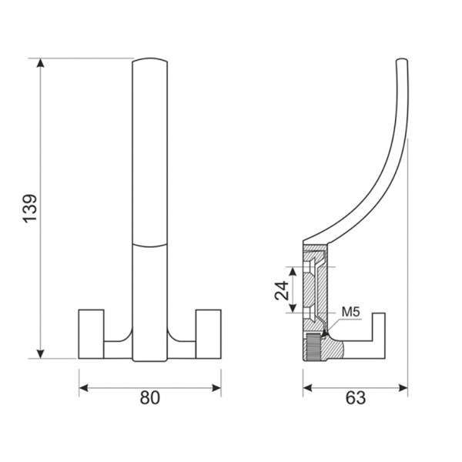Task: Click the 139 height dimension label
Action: click(30, 209)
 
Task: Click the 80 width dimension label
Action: click(149, 397)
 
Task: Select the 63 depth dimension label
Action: click(356, 397)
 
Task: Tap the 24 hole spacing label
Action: click(282, 290)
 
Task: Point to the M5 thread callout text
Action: click(351, 312)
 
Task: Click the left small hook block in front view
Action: click(91, 334)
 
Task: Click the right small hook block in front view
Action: click(209, 334)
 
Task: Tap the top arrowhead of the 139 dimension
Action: click(40, 63)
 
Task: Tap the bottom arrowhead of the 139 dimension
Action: click(40, 354)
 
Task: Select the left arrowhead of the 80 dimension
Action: click(84, 388)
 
